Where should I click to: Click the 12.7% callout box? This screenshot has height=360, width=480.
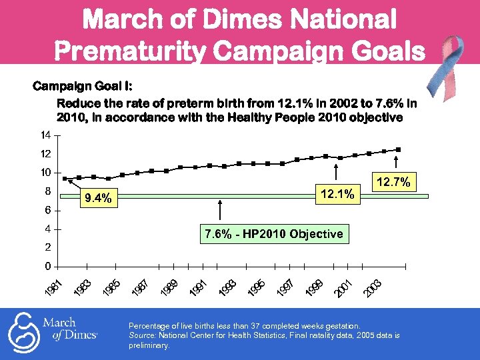click(x=396, y=181)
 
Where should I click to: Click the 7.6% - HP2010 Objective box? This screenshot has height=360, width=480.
click(x=274, y=233)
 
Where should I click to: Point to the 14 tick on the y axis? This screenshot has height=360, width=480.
click(x=45, y=135)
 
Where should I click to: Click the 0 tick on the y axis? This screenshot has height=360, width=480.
click(x=47, y=266)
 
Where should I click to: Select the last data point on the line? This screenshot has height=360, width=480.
click(x=398, y=149)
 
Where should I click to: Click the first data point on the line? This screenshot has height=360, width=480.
click(x=65, y=179)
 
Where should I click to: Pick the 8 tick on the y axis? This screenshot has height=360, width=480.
click(x=47, y=191)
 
